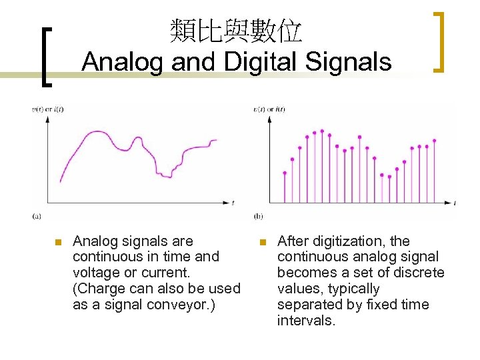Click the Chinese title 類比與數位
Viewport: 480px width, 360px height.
236,31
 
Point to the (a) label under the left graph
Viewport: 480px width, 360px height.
37,215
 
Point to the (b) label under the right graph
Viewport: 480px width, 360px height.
259,215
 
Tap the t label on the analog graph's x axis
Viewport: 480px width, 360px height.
233,201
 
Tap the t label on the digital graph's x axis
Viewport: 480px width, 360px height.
454,201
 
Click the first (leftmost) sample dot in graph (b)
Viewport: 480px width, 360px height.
285,173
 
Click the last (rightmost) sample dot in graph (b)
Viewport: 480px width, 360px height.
434,141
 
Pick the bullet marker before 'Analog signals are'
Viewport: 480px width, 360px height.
57,241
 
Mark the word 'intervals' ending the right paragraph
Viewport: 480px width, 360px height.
305,321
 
